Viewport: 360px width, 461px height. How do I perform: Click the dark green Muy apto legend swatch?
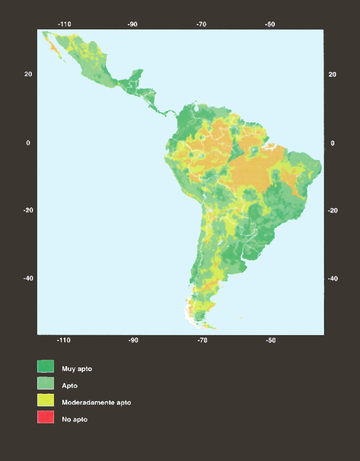click(46, 367)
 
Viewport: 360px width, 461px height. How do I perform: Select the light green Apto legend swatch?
click(46, 384)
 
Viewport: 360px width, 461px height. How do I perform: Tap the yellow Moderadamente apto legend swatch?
click(46, 402)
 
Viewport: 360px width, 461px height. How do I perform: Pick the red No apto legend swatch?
click(46, 418)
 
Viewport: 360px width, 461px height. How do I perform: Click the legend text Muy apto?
click(77, 368)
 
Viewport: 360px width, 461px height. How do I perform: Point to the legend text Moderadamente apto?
click(96, 402)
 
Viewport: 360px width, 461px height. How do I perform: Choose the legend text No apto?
click(74, 419)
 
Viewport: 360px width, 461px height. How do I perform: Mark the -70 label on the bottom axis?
click(202, 340)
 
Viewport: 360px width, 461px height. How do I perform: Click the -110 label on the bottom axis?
click(64, 340)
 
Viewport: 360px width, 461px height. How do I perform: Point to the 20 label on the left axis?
click(28, 74)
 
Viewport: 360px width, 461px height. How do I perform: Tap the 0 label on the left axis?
click(28, 143)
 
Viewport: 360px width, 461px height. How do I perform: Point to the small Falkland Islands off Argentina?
click(239, 318)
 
